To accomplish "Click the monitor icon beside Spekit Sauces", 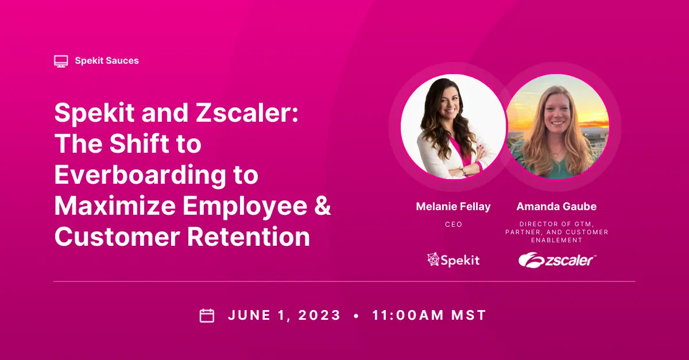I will pyautogui.click(x=61, y=60).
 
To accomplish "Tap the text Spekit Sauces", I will pyautogui.click(x=107, y=60).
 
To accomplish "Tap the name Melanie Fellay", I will pyautogui.click(x=453, y=207).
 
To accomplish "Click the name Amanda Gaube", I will pyautogui.click(x=556, y=207).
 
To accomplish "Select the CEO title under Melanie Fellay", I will pyautogui.click(x=454, y=224).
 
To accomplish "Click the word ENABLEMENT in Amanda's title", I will pyautogui.click(x=556, y=241).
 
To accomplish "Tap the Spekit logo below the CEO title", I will pyautogui.click(x=453, y=260).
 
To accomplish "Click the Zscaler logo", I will pyautogui.click(x=557, y=260).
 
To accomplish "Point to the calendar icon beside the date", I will pyautogui.click(x=207, y=315).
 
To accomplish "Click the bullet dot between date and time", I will pyautogui.click(x=357, y=316).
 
